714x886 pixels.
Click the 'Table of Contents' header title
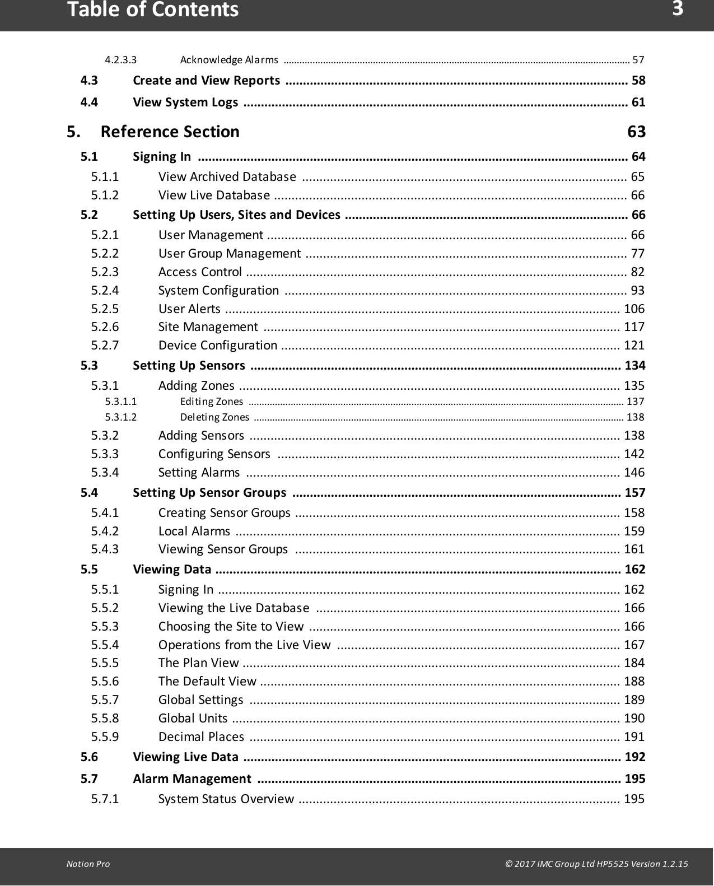pyautogui.click(x=153, y=10)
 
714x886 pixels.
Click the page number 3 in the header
pyautogui.click(x=678, y=9)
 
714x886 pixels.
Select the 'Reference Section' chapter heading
pyautogui.click(x=170, y=132)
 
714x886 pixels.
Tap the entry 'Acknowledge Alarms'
pyautogui.click(x=229, y=60)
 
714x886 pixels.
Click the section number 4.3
pyautogui.click(x=89, y=81)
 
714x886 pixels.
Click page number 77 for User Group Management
pyautogui.click(x=637, y=253)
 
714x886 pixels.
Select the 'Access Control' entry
pyautogui.click(x=200, y=272)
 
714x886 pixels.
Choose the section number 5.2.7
pyautogui.click(x=105, y=345)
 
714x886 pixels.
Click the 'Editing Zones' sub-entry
pyautogui.click(x=211, y=402)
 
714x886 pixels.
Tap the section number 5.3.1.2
pyautogui.click(x=120, y=417)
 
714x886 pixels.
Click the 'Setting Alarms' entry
pyautogui.click(x=199, y=473)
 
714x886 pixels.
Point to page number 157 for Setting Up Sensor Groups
pyautogui.click(x=634, y=493)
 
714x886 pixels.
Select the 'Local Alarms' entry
pyautogui.click(x=194, y=531)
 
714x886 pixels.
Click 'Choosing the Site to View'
pyautogui.click(x=231, y=626)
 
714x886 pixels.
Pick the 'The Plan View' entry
pyautogui.click(x=198, y=663)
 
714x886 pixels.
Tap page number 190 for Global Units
pyautogui.click(x=634, y=718)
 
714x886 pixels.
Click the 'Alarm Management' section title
pyautogui.click(x=192, y=778)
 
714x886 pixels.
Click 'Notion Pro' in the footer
pyautogui.click(x=88, y=864)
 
